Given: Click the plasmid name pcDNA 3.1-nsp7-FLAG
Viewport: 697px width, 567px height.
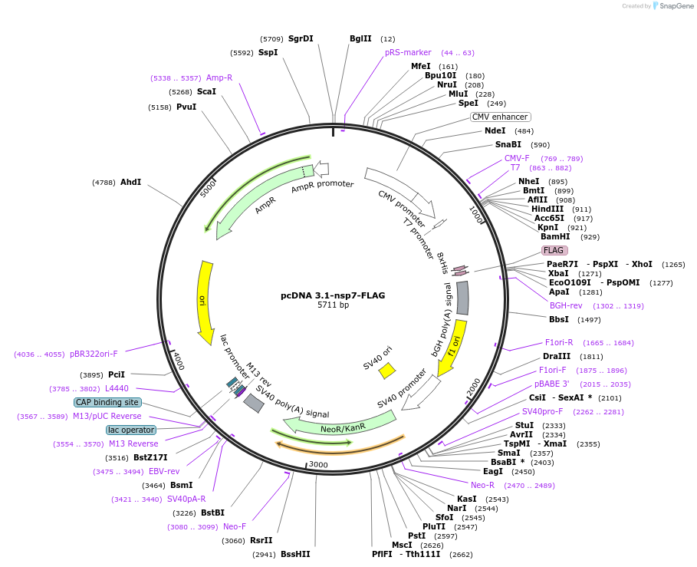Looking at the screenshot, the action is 333,295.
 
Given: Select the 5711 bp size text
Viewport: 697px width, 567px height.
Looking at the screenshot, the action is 333,305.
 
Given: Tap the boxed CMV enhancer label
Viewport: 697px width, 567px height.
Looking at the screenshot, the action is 500,117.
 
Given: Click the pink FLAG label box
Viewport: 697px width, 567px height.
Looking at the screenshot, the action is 554,250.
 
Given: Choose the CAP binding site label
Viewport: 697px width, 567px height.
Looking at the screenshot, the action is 107,402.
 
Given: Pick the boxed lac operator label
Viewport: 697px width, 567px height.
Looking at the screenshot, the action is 130,430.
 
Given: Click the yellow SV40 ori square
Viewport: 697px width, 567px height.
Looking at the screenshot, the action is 387,371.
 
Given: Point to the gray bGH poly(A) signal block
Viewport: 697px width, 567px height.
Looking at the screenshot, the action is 462,298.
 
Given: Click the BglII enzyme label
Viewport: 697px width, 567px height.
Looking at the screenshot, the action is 360,38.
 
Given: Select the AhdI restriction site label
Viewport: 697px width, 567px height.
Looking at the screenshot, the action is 130,182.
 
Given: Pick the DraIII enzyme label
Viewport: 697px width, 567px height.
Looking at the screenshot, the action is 557,356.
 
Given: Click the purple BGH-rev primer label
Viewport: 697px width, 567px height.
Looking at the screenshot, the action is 566,305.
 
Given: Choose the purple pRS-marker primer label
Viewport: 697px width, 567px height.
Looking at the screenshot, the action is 408,52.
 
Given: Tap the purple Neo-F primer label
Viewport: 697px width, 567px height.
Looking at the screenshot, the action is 235,526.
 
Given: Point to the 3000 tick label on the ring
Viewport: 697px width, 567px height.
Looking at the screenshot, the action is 317,465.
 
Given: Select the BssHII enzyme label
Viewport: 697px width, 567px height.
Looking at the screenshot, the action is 295,553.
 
